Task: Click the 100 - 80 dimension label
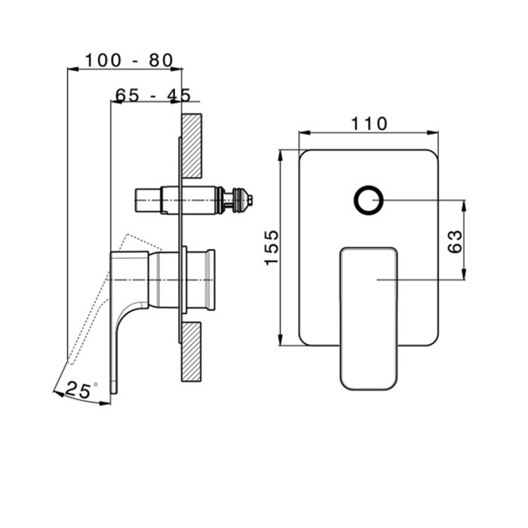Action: point(129,60)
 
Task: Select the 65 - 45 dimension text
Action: point(153,95)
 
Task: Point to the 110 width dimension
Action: point(369,124)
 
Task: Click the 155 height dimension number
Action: point(272,247)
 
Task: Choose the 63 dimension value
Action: point(456,241)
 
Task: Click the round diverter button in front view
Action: point(369,200)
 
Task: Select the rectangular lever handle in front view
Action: point(369,318)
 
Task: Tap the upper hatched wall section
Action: point(192,146)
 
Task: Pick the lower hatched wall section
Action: point(192,352)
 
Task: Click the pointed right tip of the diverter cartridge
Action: point(253,200)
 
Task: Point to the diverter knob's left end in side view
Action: point(137,201)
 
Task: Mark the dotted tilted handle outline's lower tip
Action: point(70,363)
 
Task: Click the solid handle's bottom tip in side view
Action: point(114,391)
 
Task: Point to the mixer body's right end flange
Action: point(211,280)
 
